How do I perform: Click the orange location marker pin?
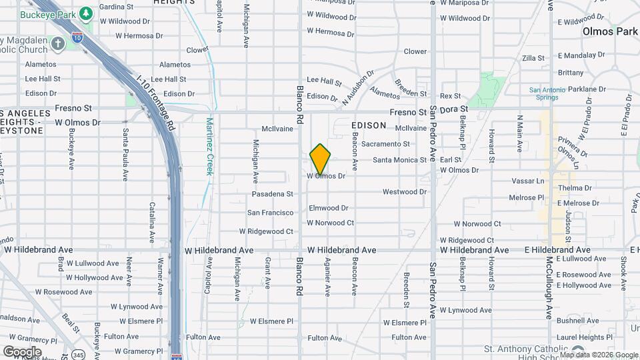click(x=320, y=159)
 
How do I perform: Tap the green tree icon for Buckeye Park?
click(x=85, y=13)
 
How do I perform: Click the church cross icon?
click(x=58, y=44)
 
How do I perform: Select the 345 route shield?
click(x=79, y=353)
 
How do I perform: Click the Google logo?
click(x=22, y=351)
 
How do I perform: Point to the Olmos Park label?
click(x=609, y=31)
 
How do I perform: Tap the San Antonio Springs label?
click(x=552, y=94)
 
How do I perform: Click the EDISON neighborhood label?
click(x=368, y=125)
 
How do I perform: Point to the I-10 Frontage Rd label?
click(x=155, y=103)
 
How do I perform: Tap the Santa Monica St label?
click(x=399, y=160)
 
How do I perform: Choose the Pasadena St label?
click(x=272, y=194)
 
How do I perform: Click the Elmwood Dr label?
click(x=329, y=208)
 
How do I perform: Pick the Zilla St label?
click(x=534, y=58)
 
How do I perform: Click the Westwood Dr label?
click(x=404, y=192)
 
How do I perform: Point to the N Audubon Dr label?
click(x=355, y=88)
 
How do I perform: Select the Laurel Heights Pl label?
click(x=590, y=337)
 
